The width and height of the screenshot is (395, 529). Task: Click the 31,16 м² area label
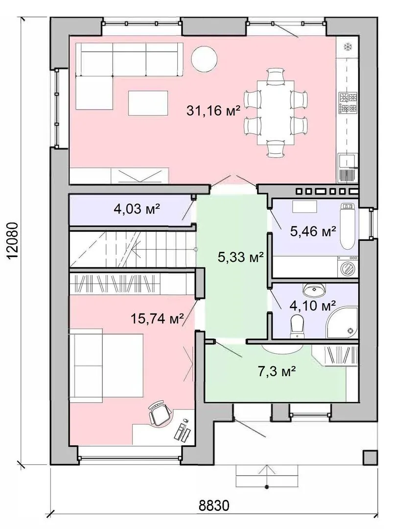point(213,110)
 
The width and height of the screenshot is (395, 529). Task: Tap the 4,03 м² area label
point(137,210)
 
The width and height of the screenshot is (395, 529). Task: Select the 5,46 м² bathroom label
point(313,231)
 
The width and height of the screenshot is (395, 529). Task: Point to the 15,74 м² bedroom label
point(157,318)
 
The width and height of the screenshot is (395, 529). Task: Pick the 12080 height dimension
point(12,240)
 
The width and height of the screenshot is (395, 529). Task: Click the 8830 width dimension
point(214,505)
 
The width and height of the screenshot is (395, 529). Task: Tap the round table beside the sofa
point(204,59)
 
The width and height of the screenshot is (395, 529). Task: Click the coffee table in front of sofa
point(148,103)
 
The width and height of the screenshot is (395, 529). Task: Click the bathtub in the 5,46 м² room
point(348,225)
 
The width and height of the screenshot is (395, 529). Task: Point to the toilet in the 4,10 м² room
point(297,326)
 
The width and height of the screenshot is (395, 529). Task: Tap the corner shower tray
point(342,322)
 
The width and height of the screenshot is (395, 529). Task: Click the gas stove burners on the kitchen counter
point(348,102)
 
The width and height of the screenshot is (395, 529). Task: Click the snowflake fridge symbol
point(347,47)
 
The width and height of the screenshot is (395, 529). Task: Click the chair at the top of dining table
point(276,75)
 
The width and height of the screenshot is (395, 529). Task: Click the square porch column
point(370,458)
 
